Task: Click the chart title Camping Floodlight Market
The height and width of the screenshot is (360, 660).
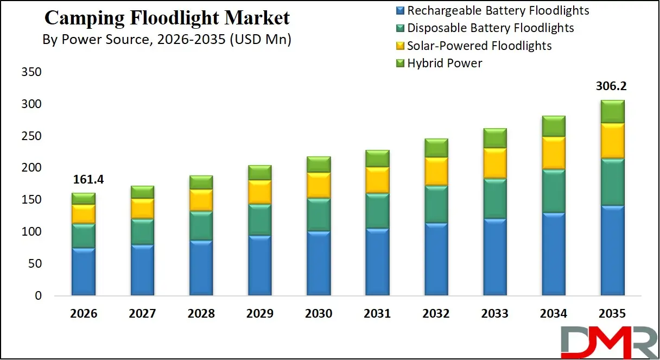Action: pyautogui.click(x=167, y=18)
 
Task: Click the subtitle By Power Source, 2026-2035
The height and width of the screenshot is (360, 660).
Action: pyautogui.click(x=167, y=40)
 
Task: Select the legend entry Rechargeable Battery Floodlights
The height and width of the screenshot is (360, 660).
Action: pyautogui.click(x=498, y=10)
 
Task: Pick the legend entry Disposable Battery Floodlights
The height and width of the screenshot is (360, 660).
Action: pyautogui.click(x=490, y=28)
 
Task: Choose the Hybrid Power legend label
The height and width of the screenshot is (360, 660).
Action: pyautogui.click(x=445, y=64)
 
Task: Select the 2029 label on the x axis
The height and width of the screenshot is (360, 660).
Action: pyautogui.click(x=259, y=314)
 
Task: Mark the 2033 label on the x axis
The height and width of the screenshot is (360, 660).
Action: pyautogui.click(x=494, y=314)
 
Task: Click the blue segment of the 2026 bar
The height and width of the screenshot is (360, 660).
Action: pyautogui.click(x=83, y=271)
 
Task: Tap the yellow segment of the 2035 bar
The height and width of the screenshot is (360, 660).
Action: pyautogui.click(x=612, y=141)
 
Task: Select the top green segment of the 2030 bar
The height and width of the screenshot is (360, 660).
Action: pyautogui.click(x=318, y=165)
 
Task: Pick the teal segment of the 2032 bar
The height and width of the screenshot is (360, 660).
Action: pyautogui.click(x=436, y=204)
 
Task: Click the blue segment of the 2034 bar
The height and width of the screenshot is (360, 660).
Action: pyautogui.click(x=553, y=254)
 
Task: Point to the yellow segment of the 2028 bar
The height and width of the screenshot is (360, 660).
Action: pyautogui.click(x=201, y=200)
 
